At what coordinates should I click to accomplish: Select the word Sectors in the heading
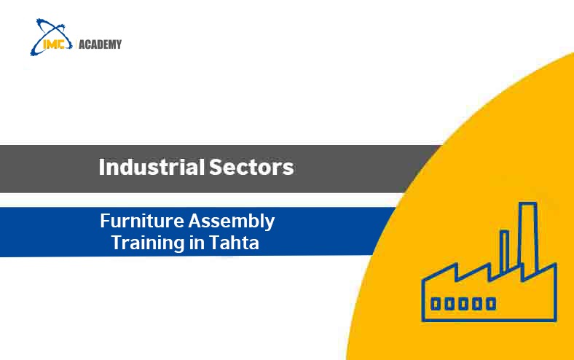point(251,168)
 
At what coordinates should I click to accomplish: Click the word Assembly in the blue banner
point(232,220)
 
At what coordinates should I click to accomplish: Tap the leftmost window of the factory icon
point(436,303)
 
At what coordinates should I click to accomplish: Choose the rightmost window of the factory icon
point(491,303)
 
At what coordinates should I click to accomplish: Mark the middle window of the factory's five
point(463,303)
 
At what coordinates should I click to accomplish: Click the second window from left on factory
point(449,303)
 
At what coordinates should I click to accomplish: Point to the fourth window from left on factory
point(477,303)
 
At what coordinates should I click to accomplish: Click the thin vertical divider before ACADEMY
point(74,44)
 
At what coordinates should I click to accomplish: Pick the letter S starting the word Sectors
point(216,168)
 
